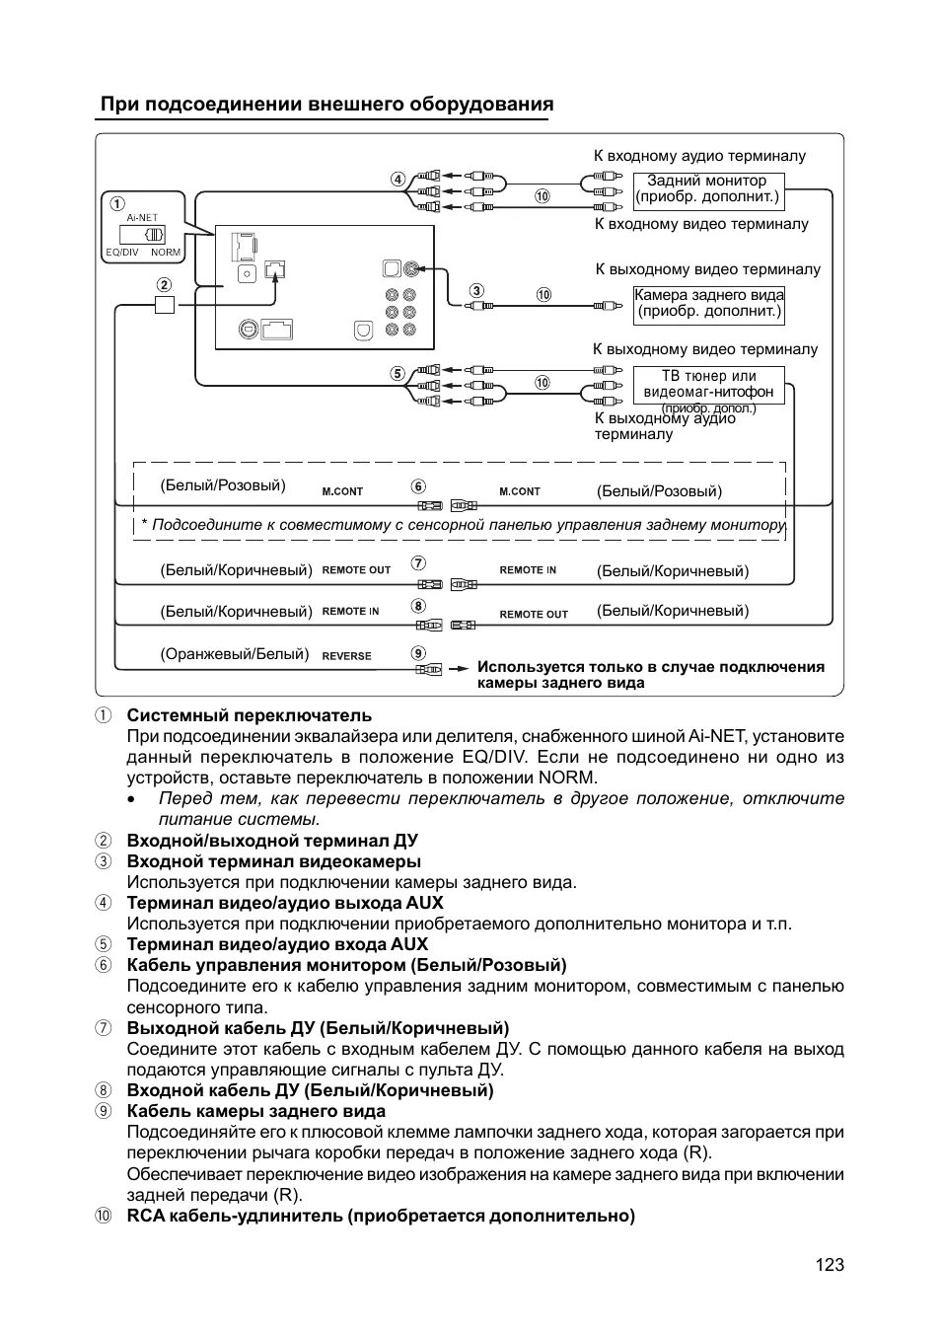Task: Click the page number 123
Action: click(830, 1265)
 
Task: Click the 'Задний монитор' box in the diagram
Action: click(707, 189)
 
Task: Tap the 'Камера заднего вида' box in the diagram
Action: click(709, 304)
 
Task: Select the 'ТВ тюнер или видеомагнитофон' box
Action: click(708, 385)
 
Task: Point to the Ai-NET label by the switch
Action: click(142, 217)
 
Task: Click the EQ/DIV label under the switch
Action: click(122, 253)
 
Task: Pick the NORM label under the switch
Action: click(166, 253)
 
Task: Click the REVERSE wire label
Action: click(347, 656)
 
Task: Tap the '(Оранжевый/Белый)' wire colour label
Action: click(235, 654)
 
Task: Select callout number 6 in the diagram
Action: click(418, 487)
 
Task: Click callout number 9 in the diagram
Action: click(418, 653)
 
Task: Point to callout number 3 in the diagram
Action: click(476, 291)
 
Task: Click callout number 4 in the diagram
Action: click(397, 179)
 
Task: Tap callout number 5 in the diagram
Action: click(397, 373)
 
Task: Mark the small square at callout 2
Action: click(165, 305)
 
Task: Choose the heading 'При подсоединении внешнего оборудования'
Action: click(326, 105)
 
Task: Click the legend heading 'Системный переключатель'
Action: click(249, 715)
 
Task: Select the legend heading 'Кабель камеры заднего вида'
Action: click(255, 1111)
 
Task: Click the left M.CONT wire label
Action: click(342, 491)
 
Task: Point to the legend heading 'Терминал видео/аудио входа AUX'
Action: click(277, 944)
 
